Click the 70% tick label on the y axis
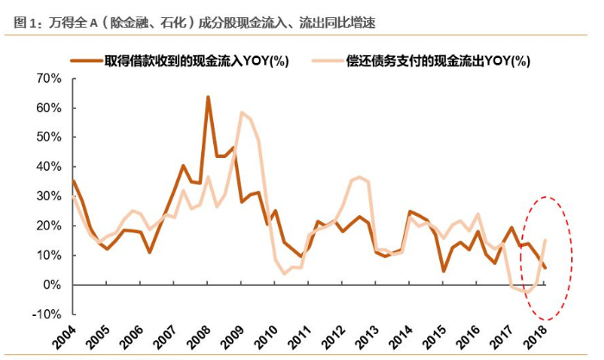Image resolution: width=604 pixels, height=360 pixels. pyautogui.click(x=48, y=79)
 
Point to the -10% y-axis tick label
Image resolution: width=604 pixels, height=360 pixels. pyautogui.click(x=46, y=314)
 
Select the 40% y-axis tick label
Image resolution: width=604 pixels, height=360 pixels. pyautogui.click(x=48, y=167)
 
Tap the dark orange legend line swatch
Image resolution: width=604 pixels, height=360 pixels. pyautogui.click(x=87, y=60)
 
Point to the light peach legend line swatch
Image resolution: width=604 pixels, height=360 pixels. pyautogui.click(x=326, y=60)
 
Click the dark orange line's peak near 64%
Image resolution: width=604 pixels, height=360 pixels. pyautogui.click(x=208, y=97)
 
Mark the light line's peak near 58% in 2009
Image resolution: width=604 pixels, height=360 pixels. pyautogui.click(x=242, y=113)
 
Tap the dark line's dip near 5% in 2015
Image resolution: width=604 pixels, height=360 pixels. pyautogui.click(x=444, y=271)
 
